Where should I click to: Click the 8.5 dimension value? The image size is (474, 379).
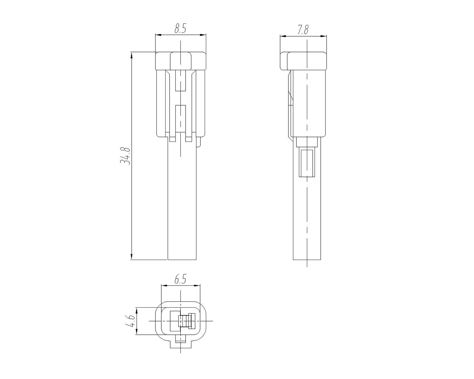click(181, 29)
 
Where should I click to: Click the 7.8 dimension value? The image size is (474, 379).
click(303, 30)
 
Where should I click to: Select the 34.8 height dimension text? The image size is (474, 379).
click(125, 156)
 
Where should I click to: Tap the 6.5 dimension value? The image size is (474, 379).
click(181, 280)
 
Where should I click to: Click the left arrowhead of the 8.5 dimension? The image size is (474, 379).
click(158, 35)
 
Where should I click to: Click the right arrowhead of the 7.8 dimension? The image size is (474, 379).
click(324, 36)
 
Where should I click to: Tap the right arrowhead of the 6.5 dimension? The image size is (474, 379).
click(197, 285)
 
